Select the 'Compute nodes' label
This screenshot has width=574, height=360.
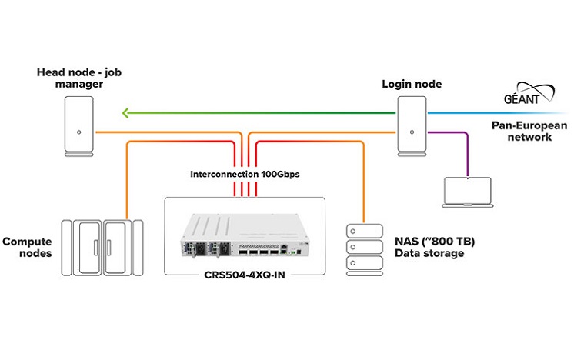pyautogui.click(x=28, y=246)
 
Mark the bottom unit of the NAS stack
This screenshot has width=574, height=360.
pyautogui.click(x=362, y=264)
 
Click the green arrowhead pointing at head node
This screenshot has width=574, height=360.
pyautogui.click(x=128, y=115)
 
